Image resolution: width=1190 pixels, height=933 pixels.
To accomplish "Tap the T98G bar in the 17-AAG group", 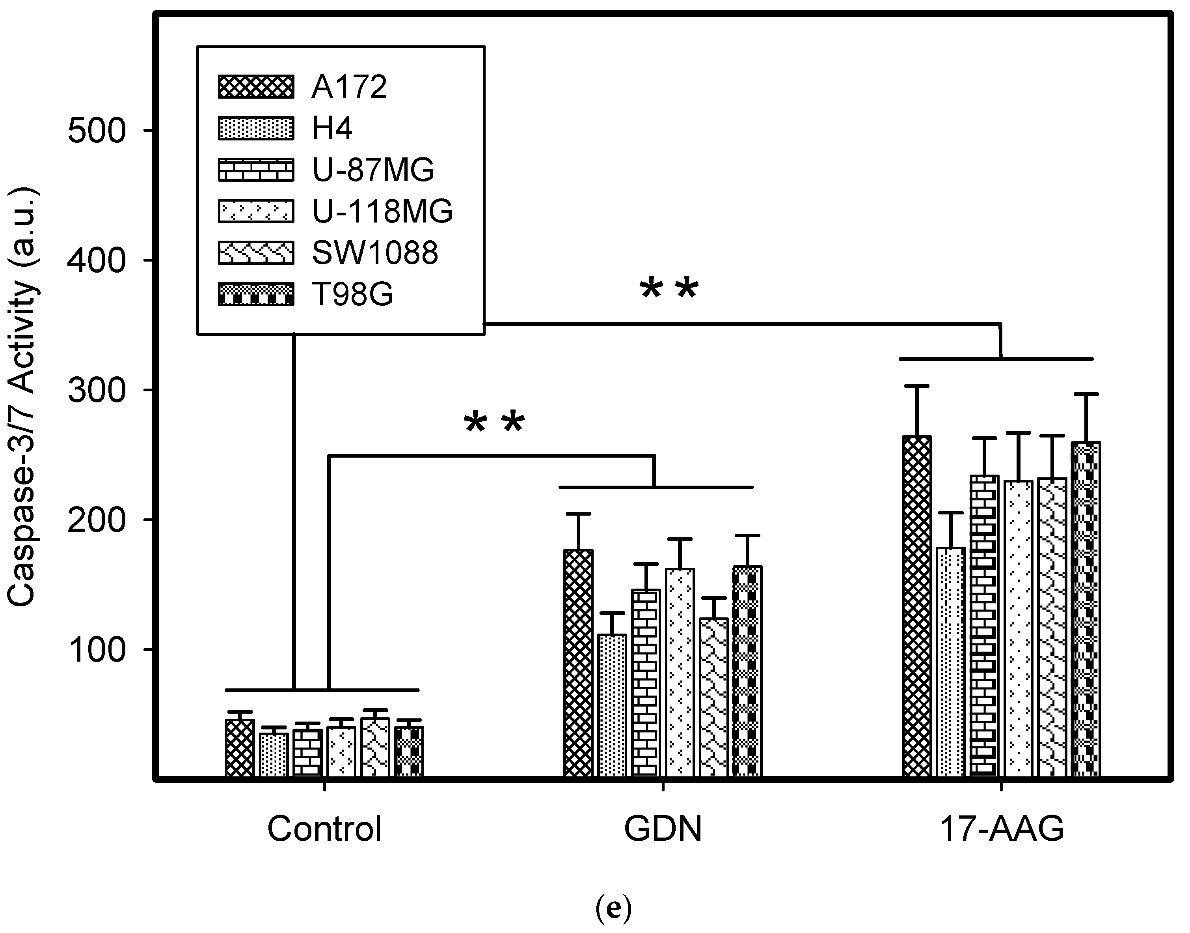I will point(1086,609).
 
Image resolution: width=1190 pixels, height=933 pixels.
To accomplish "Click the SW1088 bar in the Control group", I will point(375,747).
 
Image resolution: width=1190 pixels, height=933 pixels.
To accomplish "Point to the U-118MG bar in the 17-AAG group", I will point(1018,628).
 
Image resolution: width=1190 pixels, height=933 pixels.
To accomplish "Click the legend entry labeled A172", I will point(349,87).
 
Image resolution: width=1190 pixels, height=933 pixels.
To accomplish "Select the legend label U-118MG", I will point(382,211).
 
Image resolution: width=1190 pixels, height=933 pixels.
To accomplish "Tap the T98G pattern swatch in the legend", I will point(256,294).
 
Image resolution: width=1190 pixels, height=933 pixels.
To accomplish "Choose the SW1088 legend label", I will point(375,253).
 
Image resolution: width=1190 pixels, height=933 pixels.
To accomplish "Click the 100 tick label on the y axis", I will point(97,650).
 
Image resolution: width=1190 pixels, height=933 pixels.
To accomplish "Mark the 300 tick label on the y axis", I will point(97,391).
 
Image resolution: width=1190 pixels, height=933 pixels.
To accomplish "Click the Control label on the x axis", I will point(324,829).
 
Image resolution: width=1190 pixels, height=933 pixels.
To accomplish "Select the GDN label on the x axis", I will point(663,829).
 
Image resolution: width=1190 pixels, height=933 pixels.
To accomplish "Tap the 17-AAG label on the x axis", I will point(1002,829).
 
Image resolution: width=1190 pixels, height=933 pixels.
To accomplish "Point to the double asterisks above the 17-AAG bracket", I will point(669,290).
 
